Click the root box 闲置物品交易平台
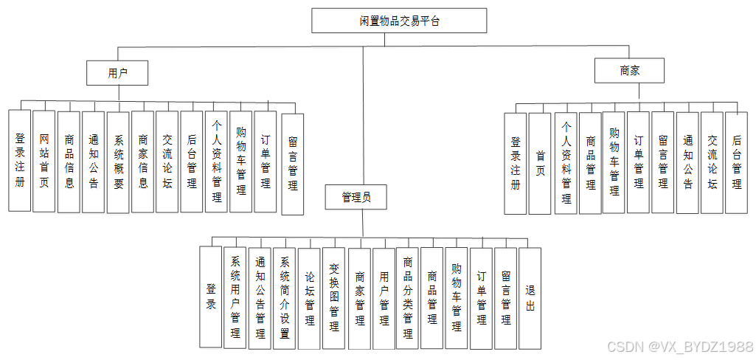399,21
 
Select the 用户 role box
117,73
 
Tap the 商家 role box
629,71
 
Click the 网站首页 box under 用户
44,161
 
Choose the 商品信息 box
69,162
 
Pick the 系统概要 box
118,162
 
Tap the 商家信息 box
143,162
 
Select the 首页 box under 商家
540,163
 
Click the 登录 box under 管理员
211,297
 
